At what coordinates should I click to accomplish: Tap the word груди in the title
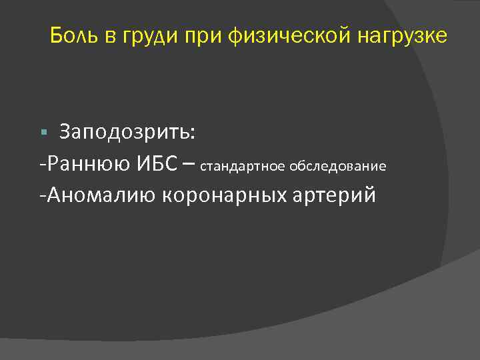coord(149,36)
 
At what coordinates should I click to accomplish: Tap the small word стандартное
coord(242,166)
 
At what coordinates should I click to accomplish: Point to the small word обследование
coord(338,166)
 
